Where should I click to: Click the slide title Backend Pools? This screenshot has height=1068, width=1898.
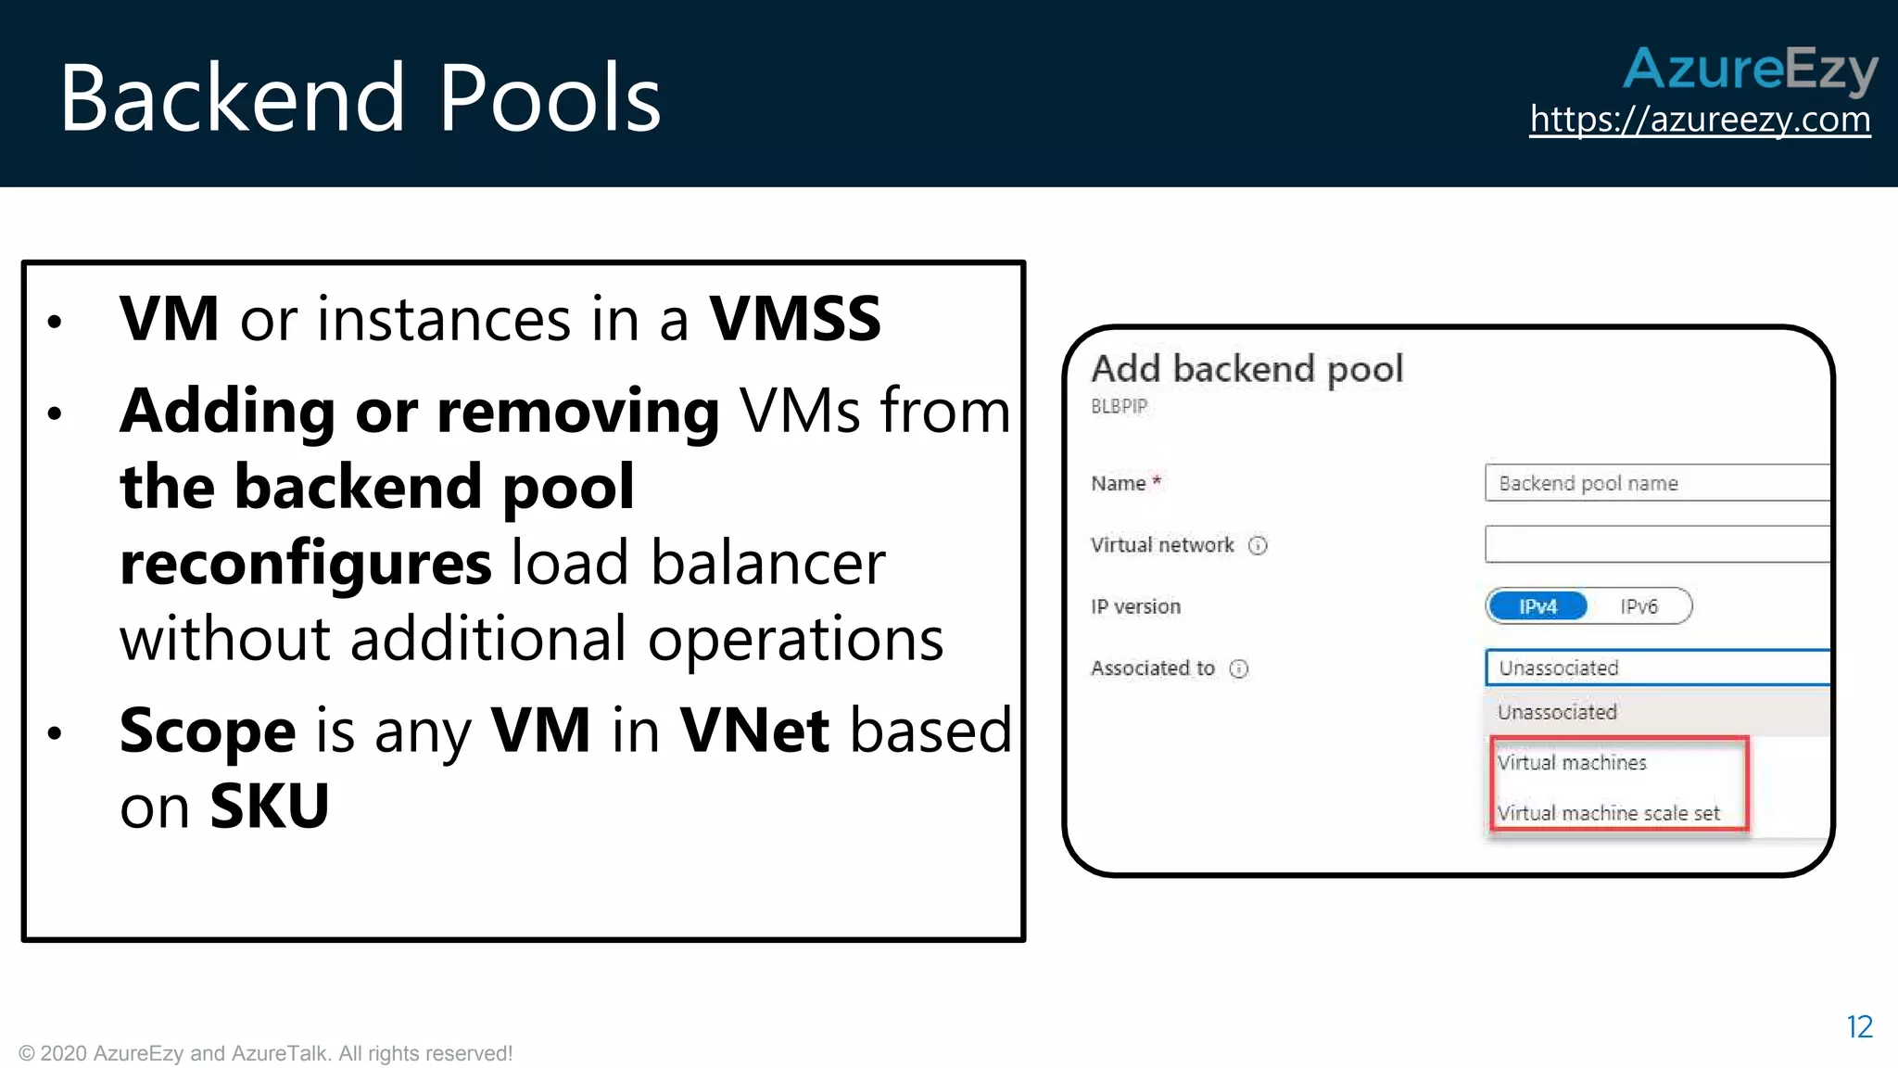[360, 98]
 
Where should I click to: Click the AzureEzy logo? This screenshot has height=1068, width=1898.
[1750, 70]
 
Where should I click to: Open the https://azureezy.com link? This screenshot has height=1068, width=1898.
[1700, 120]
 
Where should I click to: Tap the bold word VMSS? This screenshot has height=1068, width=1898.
[794, 319]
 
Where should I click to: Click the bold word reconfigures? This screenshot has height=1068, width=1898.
[306, 564]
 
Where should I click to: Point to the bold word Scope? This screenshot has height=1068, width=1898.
[208, 731]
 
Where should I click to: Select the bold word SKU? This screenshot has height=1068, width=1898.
[270, 807]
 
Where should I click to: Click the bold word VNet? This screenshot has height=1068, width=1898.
[754, 731]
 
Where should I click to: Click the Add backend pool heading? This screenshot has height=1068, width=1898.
[1246, 369]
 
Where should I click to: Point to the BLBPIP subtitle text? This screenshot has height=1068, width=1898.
[1119, 406]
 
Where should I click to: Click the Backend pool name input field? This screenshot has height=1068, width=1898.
[1657, 483]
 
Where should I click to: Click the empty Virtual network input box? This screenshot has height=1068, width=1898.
[1657, 544]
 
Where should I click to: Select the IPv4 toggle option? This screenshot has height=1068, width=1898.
[1537, 606]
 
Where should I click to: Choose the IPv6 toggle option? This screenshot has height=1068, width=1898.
[1639, 606]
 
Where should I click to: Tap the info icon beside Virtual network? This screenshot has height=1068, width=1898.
[1258, 545]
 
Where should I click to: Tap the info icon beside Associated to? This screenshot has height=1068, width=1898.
[1239, 668]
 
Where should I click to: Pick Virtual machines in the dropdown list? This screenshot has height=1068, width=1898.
[1572, 763]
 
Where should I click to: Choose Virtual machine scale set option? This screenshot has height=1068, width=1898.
[1608, 813]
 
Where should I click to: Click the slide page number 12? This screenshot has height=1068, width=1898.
[1859, 1027]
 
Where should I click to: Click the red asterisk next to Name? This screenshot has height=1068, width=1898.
[1157, 481]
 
